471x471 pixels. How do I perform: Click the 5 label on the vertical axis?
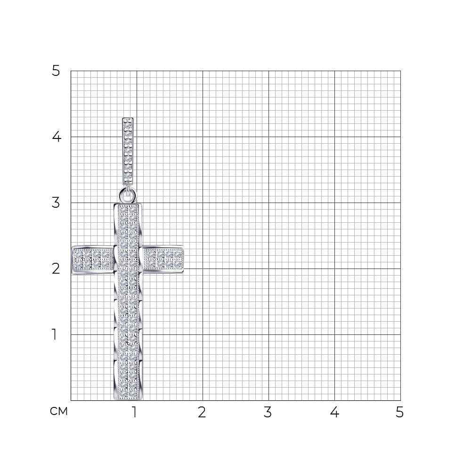(x=56, y=71)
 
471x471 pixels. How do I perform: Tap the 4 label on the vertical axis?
(x=57, y=137)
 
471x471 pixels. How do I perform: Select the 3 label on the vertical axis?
(x=56, y=203)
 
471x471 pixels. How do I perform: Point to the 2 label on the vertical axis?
(x=56, y=268)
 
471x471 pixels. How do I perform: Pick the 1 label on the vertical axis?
(x=54, y=334)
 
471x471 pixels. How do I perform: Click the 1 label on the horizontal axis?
(x=135, y=412)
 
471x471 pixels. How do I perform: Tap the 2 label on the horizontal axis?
(x=202, y=412)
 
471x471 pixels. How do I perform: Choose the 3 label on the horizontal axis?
(x=268, y=412)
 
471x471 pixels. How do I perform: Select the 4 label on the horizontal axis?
(x=334, y=412)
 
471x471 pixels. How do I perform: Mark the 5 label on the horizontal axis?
(x=399, y=412)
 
